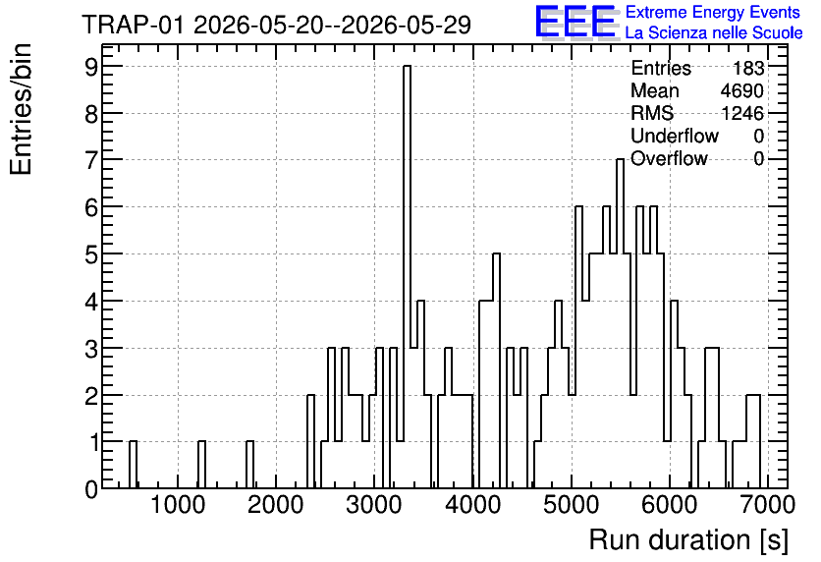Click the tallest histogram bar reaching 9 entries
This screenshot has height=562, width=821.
click(x=407, y=276)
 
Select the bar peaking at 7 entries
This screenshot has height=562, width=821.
click(x=620, y=323)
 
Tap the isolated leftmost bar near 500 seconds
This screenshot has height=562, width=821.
click(x=133, y=465)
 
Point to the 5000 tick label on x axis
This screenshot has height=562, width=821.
click(x=571, y=505)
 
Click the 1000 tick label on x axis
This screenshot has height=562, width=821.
click(x=178, y=505)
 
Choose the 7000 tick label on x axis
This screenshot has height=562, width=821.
click(x=768, y=505)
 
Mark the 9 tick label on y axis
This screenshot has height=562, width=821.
click(x=91, y=67)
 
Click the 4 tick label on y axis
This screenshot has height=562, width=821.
click(x=91, y=302)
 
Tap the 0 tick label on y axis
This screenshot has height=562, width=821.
click(x=91, y=489)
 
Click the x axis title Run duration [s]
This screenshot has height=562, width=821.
click(x=688, y=539)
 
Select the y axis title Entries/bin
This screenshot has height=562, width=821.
click(x=21, y=110)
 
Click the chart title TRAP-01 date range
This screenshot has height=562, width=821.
click(x=277, y=25)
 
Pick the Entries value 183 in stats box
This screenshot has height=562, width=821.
click(x=748, y=68)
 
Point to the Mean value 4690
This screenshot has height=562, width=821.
click(x=741, y=90)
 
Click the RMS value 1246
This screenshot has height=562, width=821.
click(x=741, y=113)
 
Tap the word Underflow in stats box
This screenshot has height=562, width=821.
click(x=675, y=136)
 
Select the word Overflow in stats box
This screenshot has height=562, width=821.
click(x=669, y=158)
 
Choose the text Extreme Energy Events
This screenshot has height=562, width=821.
click(x=713, y=12)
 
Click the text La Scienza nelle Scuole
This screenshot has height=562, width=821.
click(x=714, y=32)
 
